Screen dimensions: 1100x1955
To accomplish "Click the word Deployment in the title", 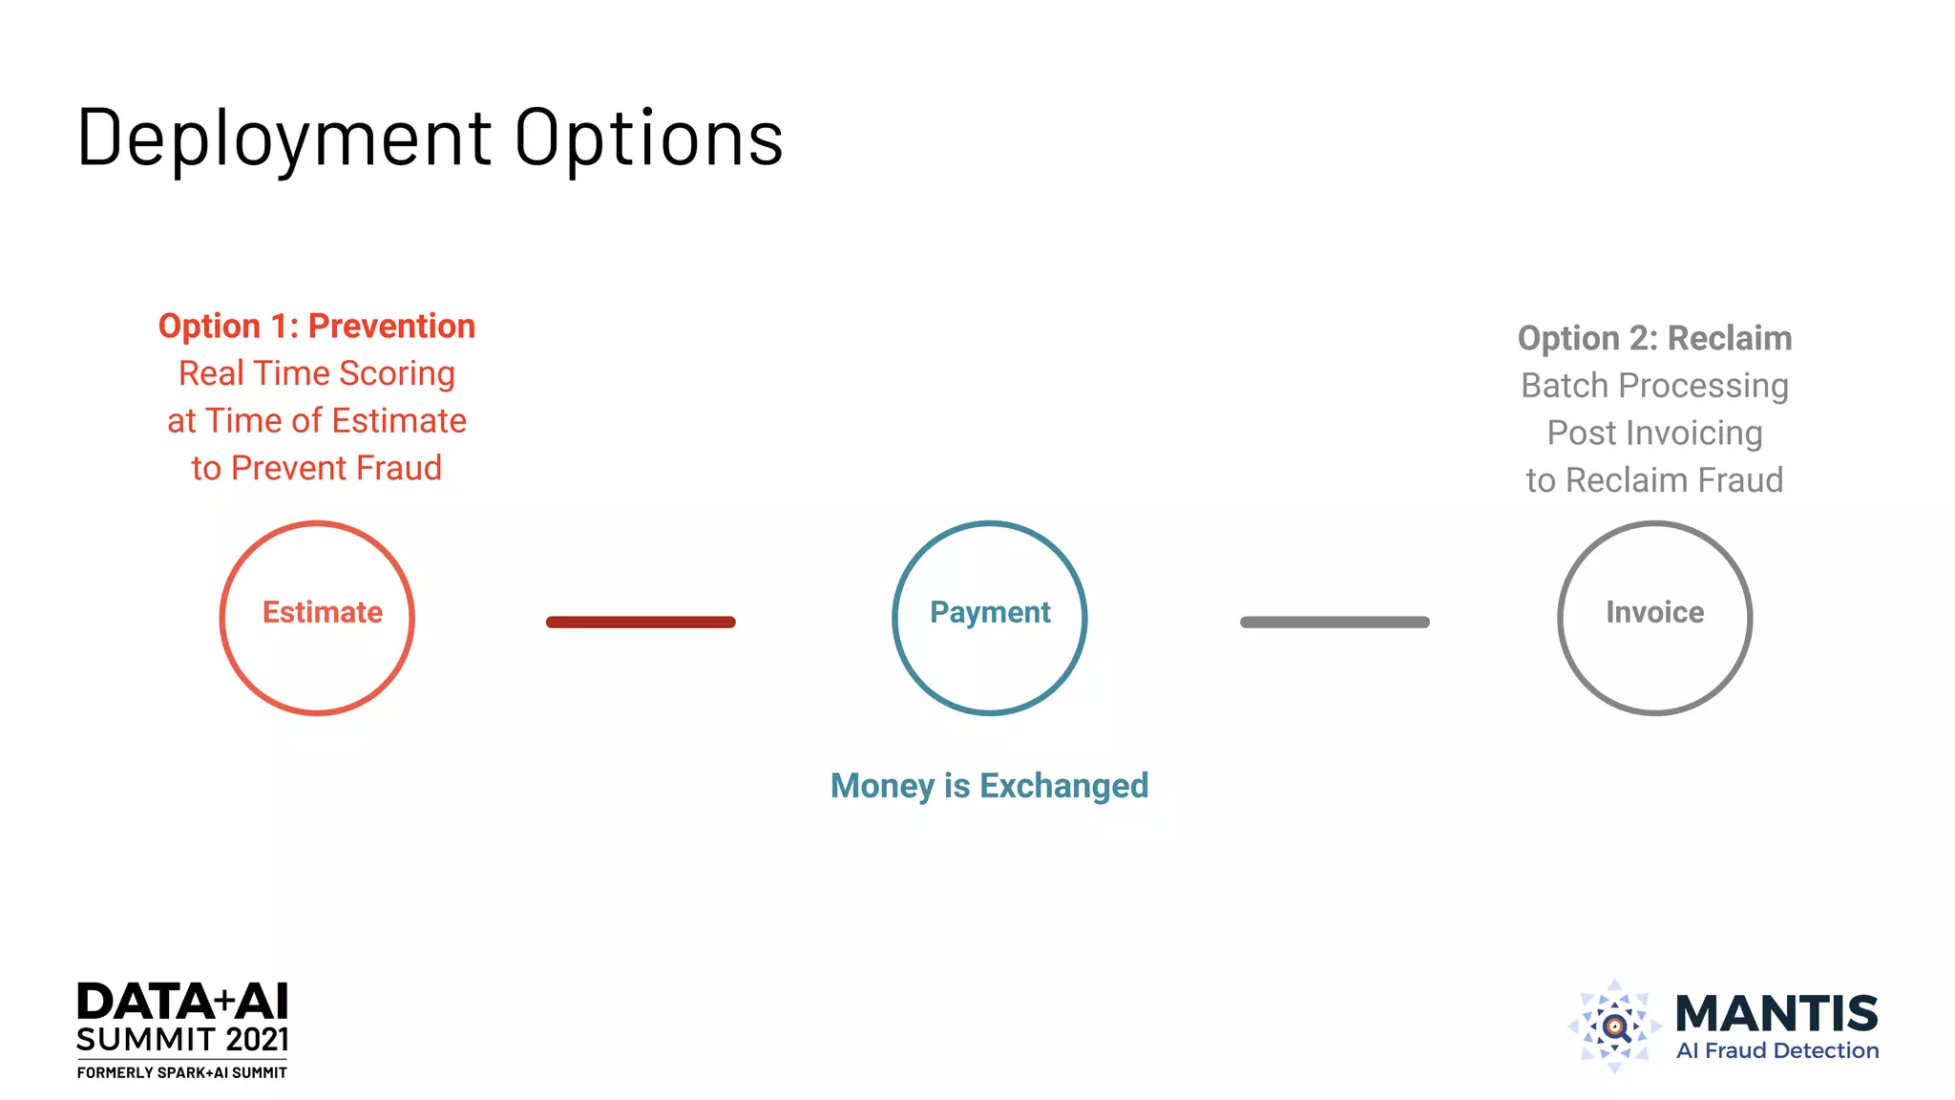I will [x=284, y=139].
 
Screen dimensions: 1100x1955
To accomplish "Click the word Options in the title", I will [x=649, y=139].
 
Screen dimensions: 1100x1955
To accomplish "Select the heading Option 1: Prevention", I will [x=317, y=327].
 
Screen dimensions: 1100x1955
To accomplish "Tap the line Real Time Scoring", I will [x=317, y=373].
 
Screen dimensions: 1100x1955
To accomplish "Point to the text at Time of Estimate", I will [x=317, y=421].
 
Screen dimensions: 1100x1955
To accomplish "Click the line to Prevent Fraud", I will [x=317, y=468].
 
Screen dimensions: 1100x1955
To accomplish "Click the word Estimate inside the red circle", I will [x=323, y=612].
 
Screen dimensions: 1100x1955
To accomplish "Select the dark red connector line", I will [x=641, y=623].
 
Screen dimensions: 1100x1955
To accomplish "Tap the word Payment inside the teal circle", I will [x=990, y=612].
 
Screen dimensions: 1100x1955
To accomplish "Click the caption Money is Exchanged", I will [x=989, y=786].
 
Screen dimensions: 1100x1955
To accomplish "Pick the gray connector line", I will [x=1335, y=623].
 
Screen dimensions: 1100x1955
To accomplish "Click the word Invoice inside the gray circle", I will [x=1654, y=612].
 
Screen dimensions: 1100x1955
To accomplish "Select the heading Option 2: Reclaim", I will [x=1654, y=339].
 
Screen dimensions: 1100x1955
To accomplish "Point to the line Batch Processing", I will [x=1654, y=386].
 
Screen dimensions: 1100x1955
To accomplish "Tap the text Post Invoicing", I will [x=1654, y=434].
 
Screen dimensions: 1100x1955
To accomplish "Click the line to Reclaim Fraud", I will [x=1654, y=480].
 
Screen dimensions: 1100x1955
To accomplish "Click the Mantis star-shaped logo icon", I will [x=1614, y=1026].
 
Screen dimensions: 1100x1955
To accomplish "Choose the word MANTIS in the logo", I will [x=1776, y=1013].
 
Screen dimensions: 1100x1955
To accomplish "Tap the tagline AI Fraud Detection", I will [x=1777, y=1051].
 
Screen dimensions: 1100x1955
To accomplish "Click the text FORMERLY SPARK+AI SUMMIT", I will [x=182, y=1073].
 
